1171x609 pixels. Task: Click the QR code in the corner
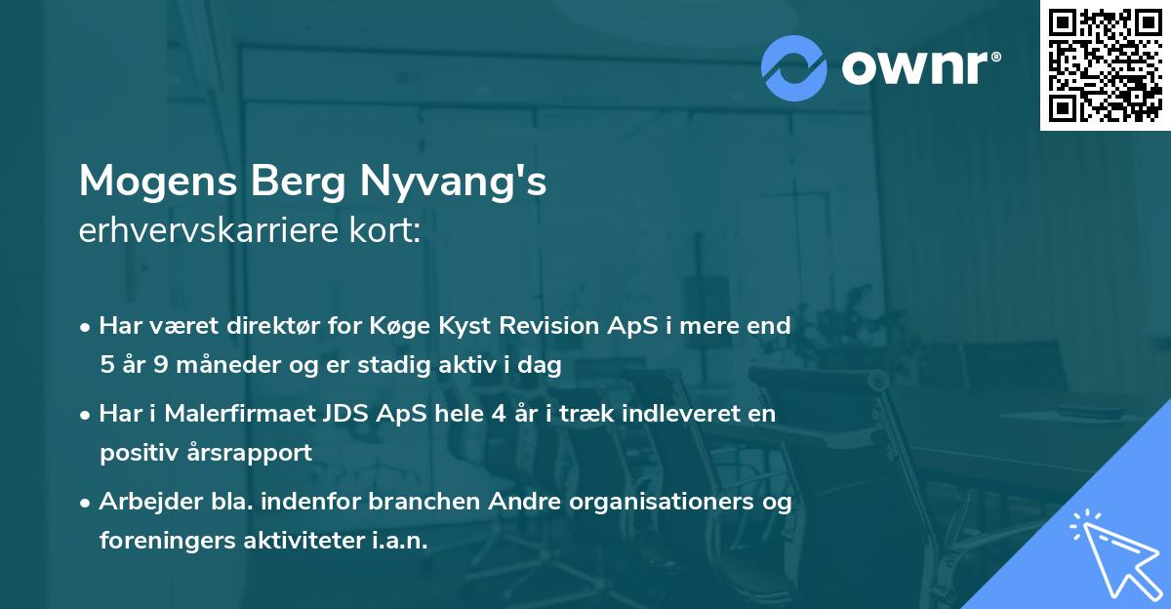(x=1105, y=65)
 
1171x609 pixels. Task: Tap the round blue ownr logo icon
(x=794, y=66)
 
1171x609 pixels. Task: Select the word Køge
(x=405, y=326)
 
